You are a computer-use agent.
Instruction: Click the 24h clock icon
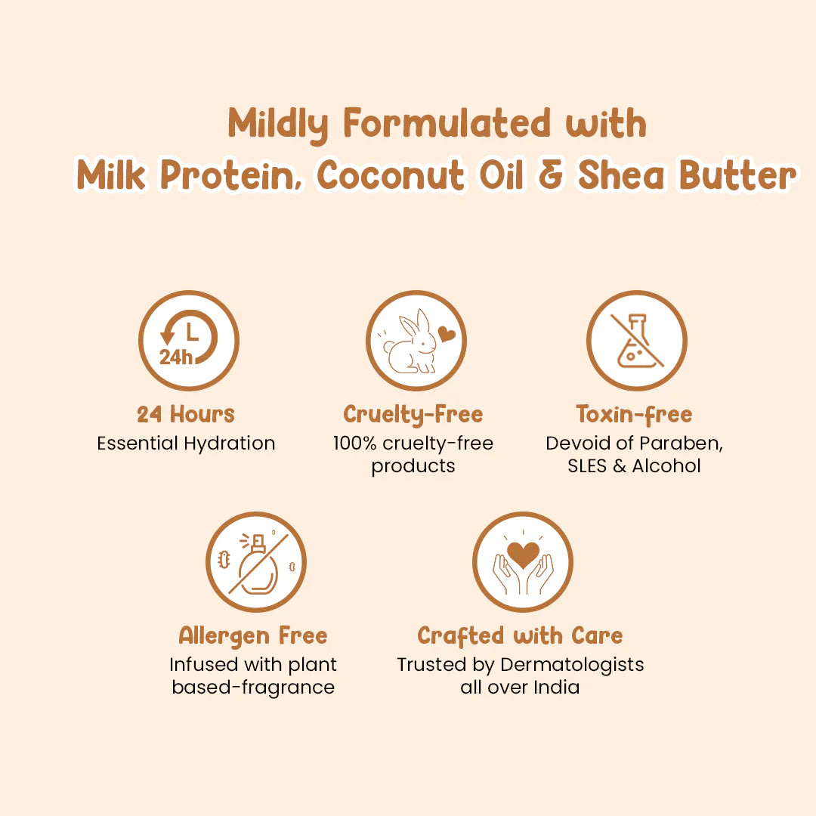coord(188,341)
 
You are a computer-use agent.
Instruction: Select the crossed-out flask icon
coord(637,341)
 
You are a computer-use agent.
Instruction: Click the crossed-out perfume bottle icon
coord(256,562)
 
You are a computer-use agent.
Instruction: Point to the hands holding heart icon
coord(523,562)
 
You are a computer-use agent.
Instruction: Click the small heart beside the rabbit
coord(447,335)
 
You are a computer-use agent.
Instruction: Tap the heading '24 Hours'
coord(186,414)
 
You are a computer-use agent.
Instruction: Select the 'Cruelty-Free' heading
coord(413,414)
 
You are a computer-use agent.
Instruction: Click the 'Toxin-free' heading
coord(634,414)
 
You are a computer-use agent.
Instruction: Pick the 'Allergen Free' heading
coord(253,636)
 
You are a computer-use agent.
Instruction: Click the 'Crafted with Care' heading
coord(521,636)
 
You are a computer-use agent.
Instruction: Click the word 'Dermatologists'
coord(573,665)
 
